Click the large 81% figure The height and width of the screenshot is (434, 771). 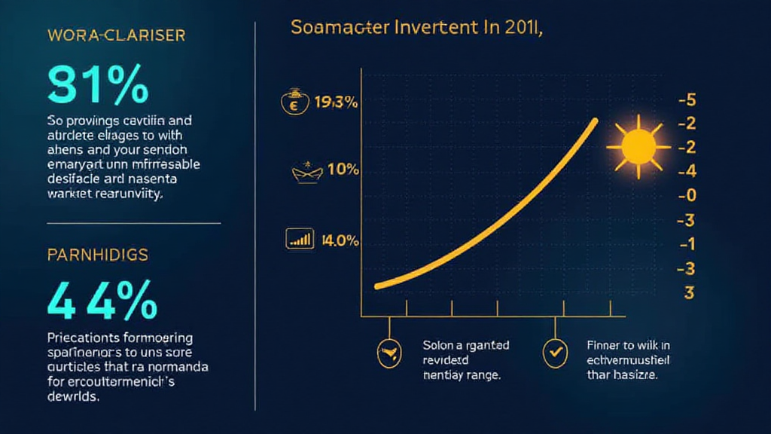[97, 85]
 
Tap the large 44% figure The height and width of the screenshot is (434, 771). [102, 301]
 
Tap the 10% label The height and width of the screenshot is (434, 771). [342, 170]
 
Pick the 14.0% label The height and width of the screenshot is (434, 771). [340, 241]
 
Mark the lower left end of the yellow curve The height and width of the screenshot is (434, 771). [376, 286]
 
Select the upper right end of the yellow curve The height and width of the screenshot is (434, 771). [596, 121]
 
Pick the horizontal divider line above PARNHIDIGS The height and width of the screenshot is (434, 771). [134, 223]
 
